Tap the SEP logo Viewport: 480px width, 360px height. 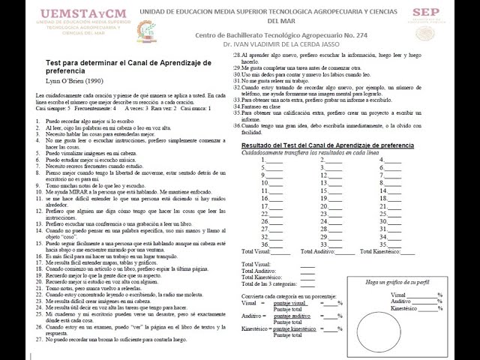[x=425, y=13]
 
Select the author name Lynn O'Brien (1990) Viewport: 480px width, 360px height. [x=75, y=79]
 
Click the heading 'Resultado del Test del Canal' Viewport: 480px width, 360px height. [x=327, y=124]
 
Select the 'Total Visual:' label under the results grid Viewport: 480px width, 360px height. [x=256, y=265]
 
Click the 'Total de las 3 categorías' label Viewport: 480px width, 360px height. [x=269, y=283]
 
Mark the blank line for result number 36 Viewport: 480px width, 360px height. [x=275, y=244]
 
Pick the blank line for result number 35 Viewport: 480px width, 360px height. [x=396, y=244]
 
